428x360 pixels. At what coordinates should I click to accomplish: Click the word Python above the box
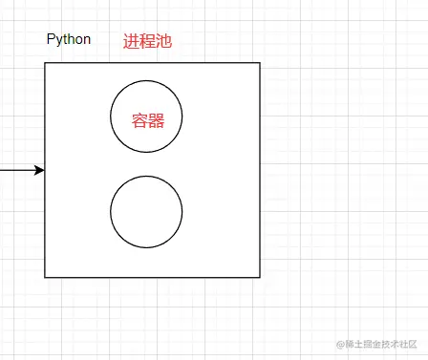click(x=69, y=40)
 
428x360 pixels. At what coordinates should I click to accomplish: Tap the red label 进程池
click(x=147, y=41)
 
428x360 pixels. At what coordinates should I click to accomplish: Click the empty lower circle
click(x=146, y=212)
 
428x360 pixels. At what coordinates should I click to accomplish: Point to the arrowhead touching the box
click(x=39, y=170)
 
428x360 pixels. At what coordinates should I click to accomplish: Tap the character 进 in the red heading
click(x=131, y=41)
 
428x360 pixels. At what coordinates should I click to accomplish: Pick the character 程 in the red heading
click(x=147, y=41)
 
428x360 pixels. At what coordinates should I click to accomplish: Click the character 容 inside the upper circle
click(x=140, y=120)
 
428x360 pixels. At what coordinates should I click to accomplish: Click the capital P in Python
click(x=51, y=40)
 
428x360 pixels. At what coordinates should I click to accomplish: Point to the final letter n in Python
click(x=87, y=40)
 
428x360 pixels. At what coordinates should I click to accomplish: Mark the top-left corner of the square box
click(x=45, y=63)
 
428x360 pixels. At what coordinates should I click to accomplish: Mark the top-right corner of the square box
click(x=260, y=63)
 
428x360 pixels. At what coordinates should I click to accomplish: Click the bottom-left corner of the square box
click(x=45, y=277)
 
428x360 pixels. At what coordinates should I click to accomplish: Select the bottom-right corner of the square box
click(x=260, y=277)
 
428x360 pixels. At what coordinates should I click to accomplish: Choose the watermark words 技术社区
click(x=402, y=344)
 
